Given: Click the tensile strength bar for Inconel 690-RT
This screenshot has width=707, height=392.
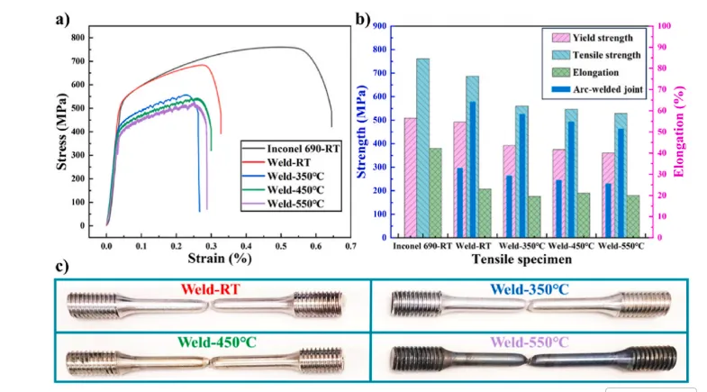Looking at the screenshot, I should [422, 148].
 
